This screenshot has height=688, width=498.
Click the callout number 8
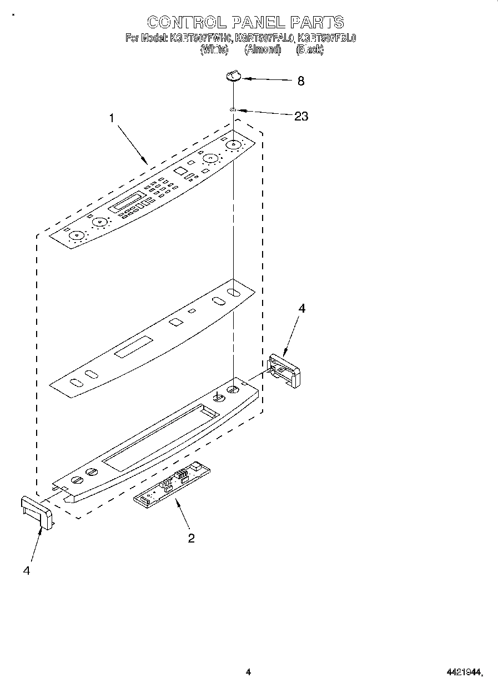click(300, 81)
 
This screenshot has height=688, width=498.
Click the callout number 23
click(301, 116)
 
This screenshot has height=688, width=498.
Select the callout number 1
click(112, 118)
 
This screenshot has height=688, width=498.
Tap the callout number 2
click(191, 538)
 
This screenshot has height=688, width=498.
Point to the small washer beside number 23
click(234, 111)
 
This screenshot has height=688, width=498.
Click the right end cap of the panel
click(284, 369)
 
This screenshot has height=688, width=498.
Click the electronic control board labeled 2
click(172, 483)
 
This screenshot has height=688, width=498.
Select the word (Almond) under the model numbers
click(263, 49)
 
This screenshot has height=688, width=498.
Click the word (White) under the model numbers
click(214, 49)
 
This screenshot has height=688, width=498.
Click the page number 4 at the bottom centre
click(248, 672)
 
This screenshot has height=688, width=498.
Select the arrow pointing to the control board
click(183, 513)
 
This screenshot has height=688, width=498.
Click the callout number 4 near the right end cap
click(301, 309)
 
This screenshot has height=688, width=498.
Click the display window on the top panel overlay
click(127, 201)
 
